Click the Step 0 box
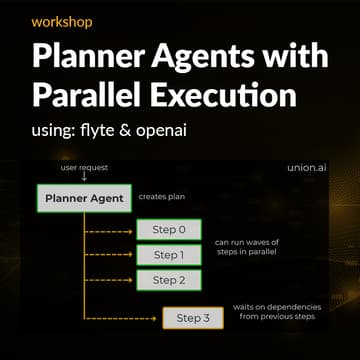(x=168, y=230)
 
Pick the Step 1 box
(x=168, y=255)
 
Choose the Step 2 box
(x=168, y=280)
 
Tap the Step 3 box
(x=194, y=319)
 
